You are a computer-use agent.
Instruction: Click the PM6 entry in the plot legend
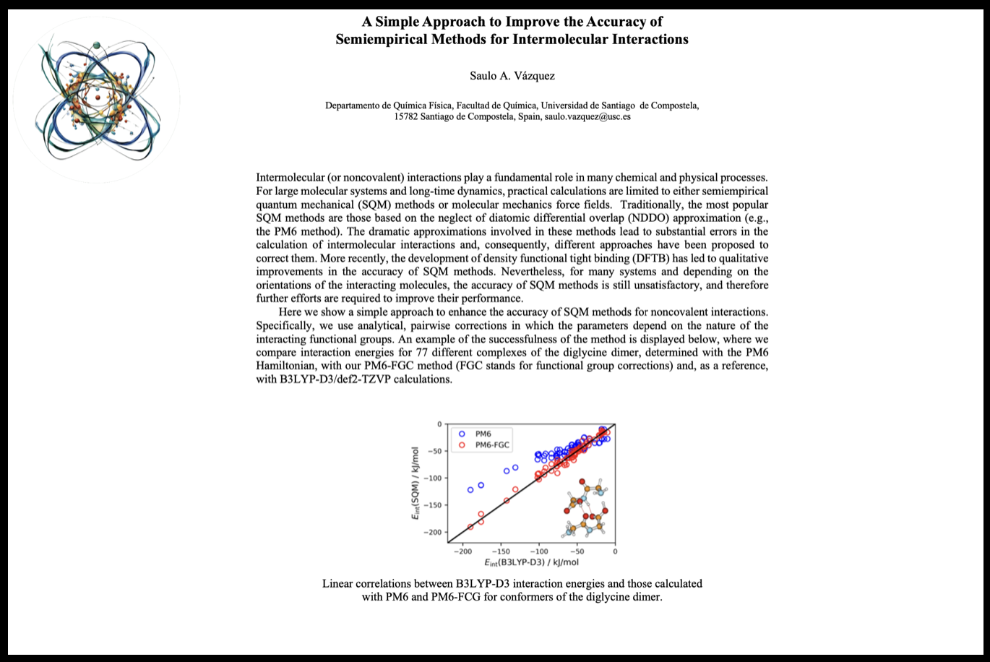click(483, 434)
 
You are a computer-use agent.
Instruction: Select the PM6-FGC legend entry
click(491, 445)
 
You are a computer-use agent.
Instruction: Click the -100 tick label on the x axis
click(538, 551)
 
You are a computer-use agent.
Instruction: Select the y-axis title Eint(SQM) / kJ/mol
click(415, 483)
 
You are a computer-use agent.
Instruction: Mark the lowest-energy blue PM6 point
click(470, 490)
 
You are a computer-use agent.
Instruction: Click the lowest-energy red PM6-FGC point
click(470, 527)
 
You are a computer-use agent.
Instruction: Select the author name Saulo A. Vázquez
click(512, 75)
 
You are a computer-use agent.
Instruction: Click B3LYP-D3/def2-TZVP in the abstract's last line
click(364, 379)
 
